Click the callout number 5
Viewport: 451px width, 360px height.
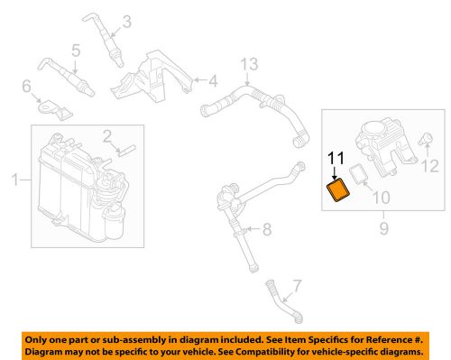[76, 50]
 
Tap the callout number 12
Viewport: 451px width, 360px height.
[430, 165]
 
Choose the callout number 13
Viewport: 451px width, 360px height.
[248, 62]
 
